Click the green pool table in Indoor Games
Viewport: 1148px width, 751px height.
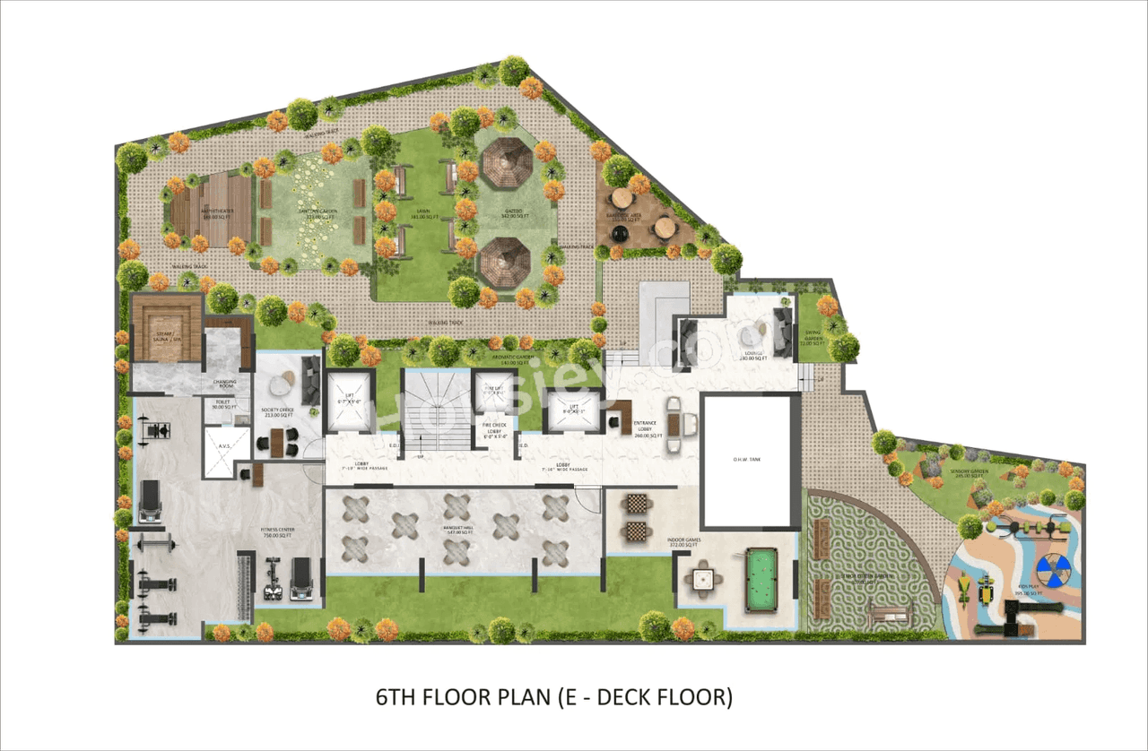(x=761, y=582)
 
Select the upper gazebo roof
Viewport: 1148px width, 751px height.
(x=505, y=167)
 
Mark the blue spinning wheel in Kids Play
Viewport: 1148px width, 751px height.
(x=1053, y=570)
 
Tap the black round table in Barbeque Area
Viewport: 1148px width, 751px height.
(x=619, y=233)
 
